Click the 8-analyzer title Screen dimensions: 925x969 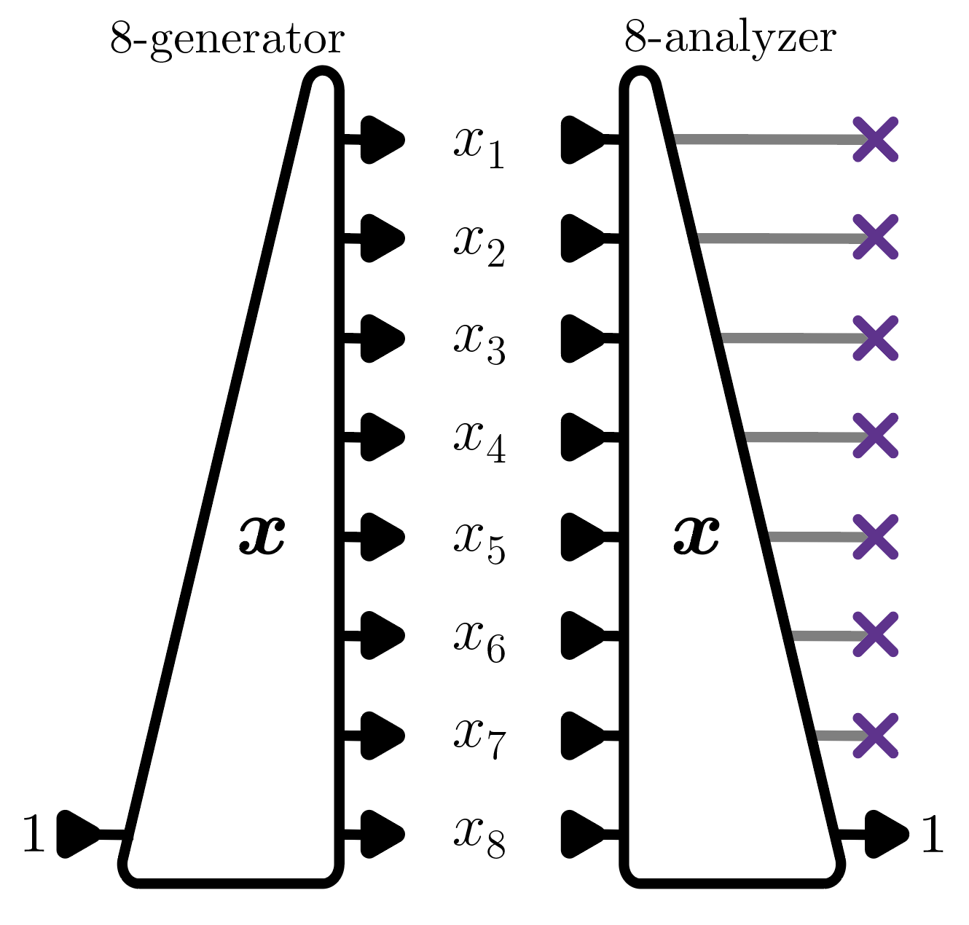pos(730,38)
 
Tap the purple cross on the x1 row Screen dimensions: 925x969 pos(875,139)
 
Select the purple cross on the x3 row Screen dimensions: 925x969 pos(875,338)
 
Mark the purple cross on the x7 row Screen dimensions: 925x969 pos(875,736)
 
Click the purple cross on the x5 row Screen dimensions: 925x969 pos(875,537)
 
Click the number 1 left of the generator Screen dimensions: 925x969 pos(34,834)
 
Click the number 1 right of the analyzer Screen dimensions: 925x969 pos(933,834)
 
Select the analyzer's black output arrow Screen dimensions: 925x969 pos(885,832)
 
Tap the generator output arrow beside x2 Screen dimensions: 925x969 pos(381,238)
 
